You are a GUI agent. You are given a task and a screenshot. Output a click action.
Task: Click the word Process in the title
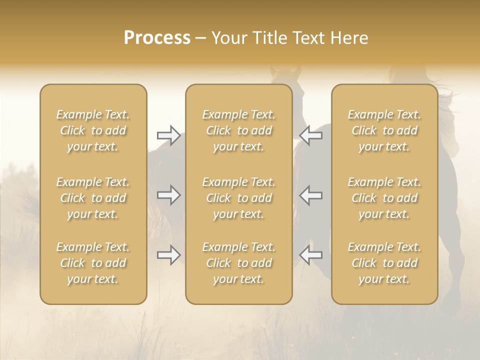coord(157,38)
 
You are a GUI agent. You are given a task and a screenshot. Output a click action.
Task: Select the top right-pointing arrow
coord(168,135)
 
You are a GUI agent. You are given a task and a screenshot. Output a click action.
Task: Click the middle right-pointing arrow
coord(168,195)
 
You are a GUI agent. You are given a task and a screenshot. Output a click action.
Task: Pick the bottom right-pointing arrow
coord(168,255)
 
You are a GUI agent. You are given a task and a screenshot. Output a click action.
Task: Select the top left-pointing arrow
coord(311,135)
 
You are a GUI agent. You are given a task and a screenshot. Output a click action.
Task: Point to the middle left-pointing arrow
coord(311,195)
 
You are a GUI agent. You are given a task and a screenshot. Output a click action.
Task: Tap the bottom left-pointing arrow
coord(311,255)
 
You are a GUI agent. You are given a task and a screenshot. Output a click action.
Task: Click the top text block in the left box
coord(93,130)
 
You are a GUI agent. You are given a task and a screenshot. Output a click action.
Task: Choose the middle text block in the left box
coord(93,198)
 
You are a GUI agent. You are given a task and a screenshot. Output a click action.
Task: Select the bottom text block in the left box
coord(93,263)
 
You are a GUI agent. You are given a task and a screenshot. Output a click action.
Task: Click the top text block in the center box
coord(239,130)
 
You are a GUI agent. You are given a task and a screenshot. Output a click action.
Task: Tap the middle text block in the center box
coord(239,198)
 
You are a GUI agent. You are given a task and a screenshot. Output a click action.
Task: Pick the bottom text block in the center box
coord(239,263)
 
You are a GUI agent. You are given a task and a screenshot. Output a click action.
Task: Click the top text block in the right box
coord(384,130)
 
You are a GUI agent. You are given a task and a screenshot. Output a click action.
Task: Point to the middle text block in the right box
coord(384,198)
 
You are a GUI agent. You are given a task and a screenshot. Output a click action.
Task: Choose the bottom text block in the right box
coord(384,263)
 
